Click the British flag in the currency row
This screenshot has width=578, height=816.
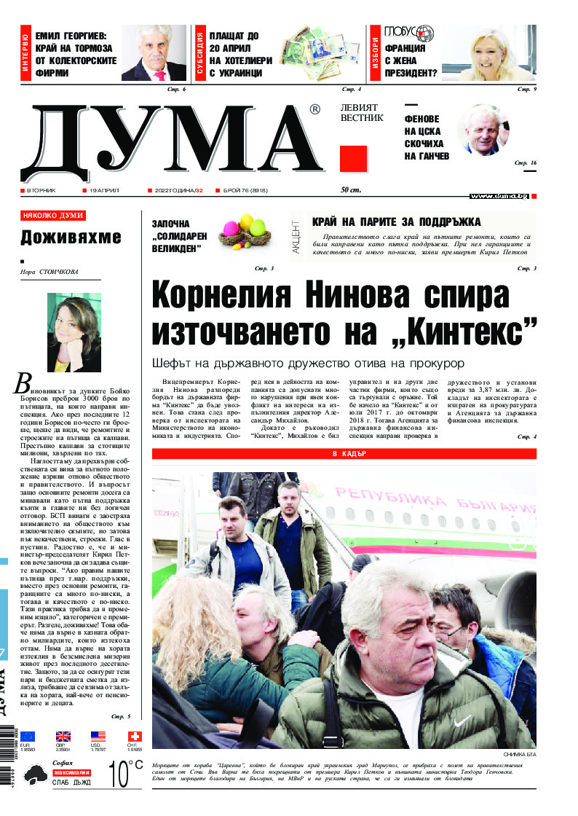63,737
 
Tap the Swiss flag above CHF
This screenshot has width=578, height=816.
135,737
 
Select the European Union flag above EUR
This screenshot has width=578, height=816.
28,737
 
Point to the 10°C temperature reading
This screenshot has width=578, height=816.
125,774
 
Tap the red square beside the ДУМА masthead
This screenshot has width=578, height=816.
353,159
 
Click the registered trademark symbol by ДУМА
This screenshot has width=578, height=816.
314,109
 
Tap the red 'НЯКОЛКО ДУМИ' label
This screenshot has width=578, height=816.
53,216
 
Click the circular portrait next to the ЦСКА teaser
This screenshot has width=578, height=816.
483,130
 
